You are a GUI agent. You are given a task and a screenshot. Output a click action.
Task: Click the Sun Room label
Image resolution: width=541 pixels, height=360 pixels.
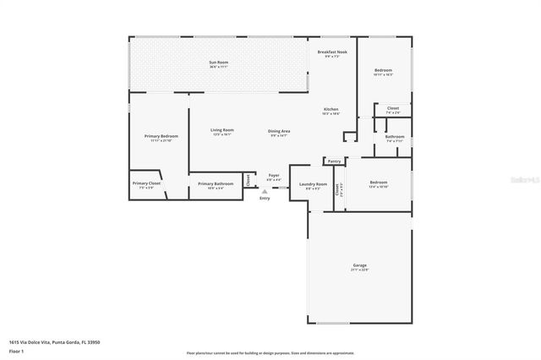[219, 63]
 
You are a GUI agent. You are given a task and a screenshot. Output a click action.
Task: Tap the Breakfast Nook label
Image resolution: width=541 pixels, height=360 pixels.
[332, 52]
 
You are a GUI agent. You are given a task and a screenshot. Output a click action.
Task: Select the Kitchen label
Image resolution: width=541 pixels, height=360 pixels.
[331, 110]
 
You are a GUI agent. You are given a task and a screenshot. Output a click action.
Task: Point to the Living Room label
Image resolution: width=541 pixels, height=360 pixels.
[222, 130]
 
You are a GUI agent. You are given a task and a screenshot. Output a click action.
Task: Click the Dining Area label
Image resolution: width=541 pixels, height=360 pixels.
[279, 131]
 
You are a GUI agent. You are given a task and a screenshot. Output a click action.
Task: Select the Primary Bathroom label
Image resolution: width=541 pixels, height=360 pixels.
[216, 183]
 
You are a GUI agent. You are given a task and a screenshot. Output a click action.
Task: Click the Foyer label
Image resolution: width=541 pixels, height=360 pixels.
[274, 176]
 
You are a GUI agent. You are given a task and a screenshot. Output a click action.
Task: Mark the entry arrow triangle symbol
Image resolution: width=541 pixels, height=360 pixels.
[265, 192]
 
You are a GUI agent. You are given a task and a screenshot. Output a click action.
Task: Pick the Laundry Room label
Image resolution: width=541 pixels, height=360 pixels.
[313, 183]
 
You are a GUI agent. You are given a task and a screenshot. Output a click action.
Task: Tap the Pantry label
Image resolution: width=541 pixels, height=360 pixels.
[335, 161]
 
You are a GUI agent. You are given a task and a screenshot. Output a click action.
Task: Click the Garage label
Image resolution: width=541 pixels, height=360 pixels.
[360, 265]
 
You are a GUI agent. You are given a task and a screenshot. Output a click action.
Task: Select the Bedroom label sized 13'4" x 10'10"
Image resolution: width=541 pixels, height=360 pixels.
[378, 183]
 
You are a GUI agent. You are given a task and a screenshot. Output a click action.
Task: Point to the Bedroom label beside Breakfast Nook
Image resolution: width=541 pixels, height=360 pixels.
[384, 70]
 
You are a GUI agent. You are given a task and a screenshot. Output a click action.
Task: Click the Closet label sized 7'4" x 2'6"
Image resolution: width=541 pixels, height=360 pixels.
[393, 108]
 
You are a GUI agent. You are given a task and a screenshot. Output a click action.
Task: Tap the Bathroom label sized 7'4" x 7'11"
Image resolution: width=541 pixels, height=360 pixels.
[395, 136]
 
